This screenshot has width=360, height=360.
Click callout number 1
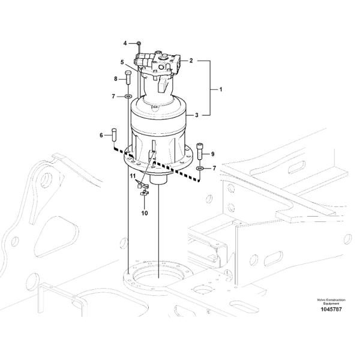(x=220, y=89)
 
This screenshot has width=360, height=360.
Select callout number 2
(x=191, y=61)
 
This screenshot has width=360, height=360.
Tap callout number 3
(x=196, y=113)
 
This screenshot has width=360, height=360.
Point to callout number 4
(x=125, y=43)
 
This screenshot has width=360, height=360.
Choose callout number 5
(x=122, y=62)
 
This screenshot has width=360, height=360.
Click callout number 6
(x=101, y=136)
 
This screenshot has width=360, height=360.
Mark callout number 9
(x=212, y=154)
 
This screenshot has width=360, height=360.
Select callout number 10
(x=145, y=212)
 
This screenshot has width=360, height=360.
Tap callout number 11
(x=132, y=175)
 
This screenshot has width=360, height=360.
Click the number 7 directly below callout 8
(x=112, y=96)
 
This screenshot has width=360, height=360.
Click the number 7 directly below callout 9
(x=214, y=169)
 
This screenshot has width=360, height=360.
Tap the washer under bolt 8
(x=128, y=96)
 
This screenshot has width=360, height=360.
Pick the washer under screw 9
(x=200, y=169)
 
